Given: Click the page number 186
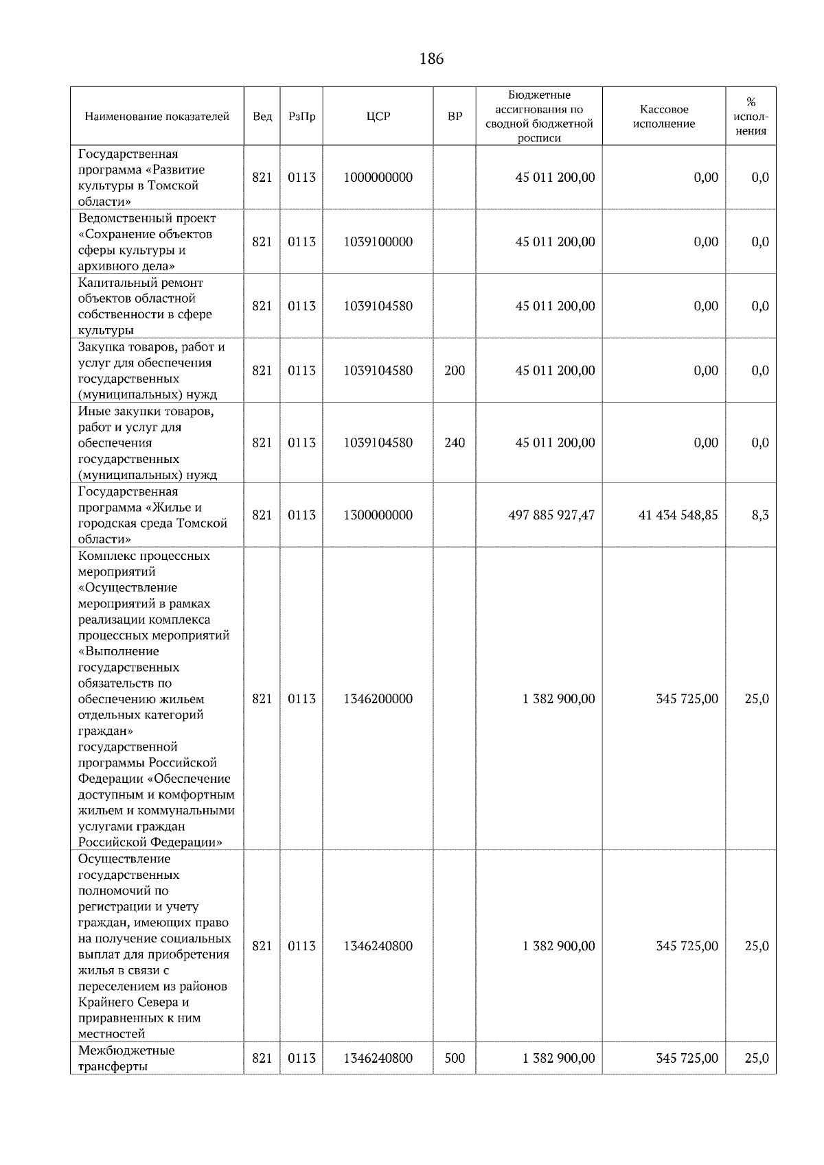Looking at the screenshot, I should [x=431, y=59].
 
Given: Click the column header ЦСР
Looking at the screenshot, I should [x=378, y=117].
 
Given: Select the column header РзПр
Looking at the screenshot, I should [x=301, y=117].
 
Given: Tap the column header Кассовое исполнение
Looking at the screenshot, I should [x=663, y=117].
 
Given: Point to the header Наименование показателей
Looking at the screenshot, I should [x=157, y=117].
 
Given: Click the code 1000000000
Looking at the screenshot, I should [x=378, y=178].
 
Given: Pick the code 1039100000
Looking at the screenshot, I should [x=378, y=242].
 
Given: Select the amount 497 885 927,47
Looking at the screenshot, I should [x=551, y=515].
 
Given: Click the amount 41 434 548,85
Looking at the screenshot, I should [x=678, y=515].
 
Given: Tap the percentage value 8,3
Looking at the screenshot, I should [x=759, y=515].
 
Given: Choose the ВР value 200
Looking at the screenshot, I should [x=455, y=370].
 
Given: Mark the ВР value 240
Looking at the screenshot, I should [x=455, y=443].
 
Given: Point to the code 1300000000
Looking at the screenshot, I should [x=378, y=515].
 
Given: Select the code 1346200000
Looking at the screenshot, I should [x=378, y=699].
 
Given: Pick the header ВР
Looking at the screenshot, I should [x=455, y=117].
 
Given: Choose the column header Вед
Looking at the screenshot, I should [x=262, y=117].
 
